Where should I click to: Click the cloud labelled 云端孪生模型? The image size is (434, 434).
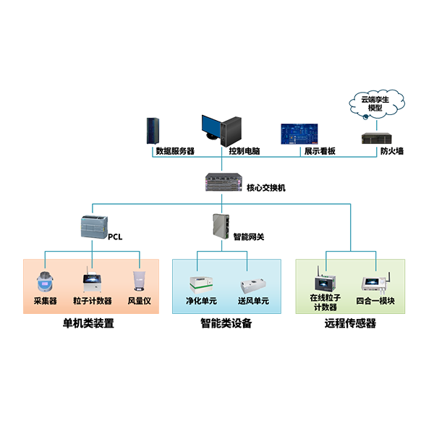[x=375, y=103]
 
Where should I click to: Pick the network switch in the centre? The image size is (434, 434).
[x=226, y=181]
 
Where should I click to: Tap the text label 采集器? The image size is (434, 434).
[x=46, y=301]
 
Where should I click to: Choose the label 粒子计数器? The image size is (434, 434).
[x=92, y=301]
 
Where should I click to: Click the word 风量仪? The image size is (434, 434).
[x=140, y=301]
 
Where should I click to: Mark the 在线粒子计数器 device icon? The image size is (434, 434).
[x=323, y=280]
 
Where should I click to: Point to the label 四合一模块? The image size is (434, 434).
[x=375, y=301]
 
